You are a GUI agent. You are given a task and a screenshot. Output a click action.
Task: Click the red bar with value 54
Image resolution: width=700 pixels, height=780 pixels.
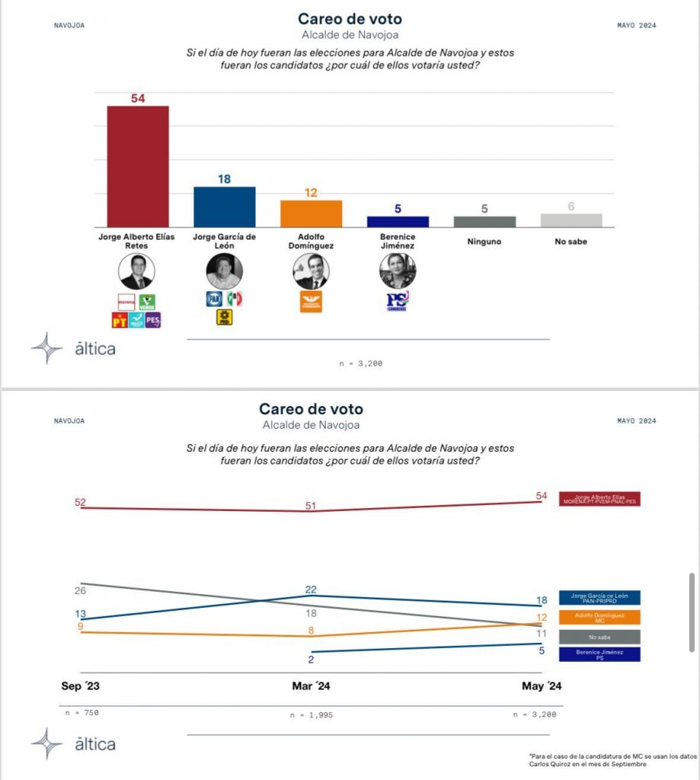click(137, 166)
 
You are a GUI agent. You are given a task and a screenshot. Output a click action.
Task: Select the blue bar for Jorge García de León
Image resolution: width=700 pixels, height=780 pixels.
click(224, 206)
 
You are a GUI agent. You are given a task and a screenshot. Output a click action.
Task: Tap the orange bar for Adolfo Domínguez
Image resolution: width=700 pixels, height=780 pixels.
click(311, 213)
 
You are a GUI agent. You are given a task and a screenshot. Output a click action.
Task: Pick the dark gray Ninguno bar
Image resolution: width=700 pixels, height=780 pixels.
click(484, 221)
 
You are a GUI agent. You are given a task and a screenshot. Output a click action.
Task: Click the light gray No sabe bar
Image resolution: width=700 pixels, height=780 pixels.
click(571, 219)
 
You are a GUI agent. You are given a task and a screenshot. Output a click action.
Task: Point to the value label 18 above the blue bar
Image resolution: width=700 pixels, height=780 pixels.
click(224, 179)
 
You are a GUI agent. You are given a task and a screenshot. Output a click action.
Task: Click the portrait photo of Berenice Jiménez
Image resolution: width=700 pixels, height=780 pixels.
click(398, 271)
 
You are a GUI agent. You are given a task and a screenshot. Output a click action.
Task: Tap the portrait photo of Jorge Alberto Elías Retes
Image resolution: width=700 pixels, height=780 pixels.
click(137, 271)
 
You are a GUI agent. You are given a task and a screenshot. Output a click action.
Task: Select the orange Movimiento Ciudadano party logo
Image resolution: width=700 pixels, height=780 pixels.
click(311, 302)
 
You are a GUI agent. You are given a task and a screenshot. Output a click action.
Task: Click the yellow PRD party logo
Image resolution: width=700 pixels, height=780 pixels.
click(225, 318)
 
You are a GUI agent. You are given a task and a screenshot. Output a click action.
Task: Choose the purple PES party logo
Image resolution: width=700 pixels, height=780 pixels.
click(152, 320)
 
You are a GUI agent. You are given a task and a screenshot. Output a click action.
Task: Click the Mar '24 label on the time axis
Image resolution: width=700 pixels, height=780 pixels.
click(311, 686)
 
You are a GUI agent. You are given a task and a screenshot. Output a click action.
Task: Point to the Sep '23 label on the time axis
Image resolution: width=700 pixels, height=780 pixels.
click(81, 686)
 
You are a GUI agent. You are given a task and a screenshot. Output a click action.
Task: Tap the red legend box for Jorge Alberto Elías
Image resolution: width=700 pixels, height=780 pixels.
click(599, 499)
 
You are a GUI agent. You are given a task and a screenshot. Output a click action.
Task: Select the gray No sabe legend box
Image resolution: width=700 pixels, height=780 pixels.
click(599, 637)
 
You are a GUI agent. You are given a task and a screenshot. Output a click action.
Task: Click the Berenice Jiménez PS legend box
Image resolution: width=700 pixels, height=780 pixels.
click(599, 654)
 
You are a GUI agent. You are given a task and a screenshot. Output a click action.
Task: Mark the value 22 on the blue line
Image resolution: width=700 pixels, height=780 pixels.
click(311, 590)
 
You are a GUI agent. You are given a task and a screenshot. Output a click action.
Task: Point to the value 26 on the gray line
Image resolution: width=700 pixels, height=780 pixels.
click(81, 590)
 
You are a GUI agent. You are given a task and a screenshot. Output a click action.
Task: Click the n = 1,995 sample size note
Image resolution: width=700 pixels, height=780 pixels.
click(311, 715)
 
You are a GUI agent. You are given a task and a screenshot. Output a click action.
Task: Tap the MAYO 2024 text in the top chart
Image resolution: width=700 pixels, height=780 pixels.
click(636, 25)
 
